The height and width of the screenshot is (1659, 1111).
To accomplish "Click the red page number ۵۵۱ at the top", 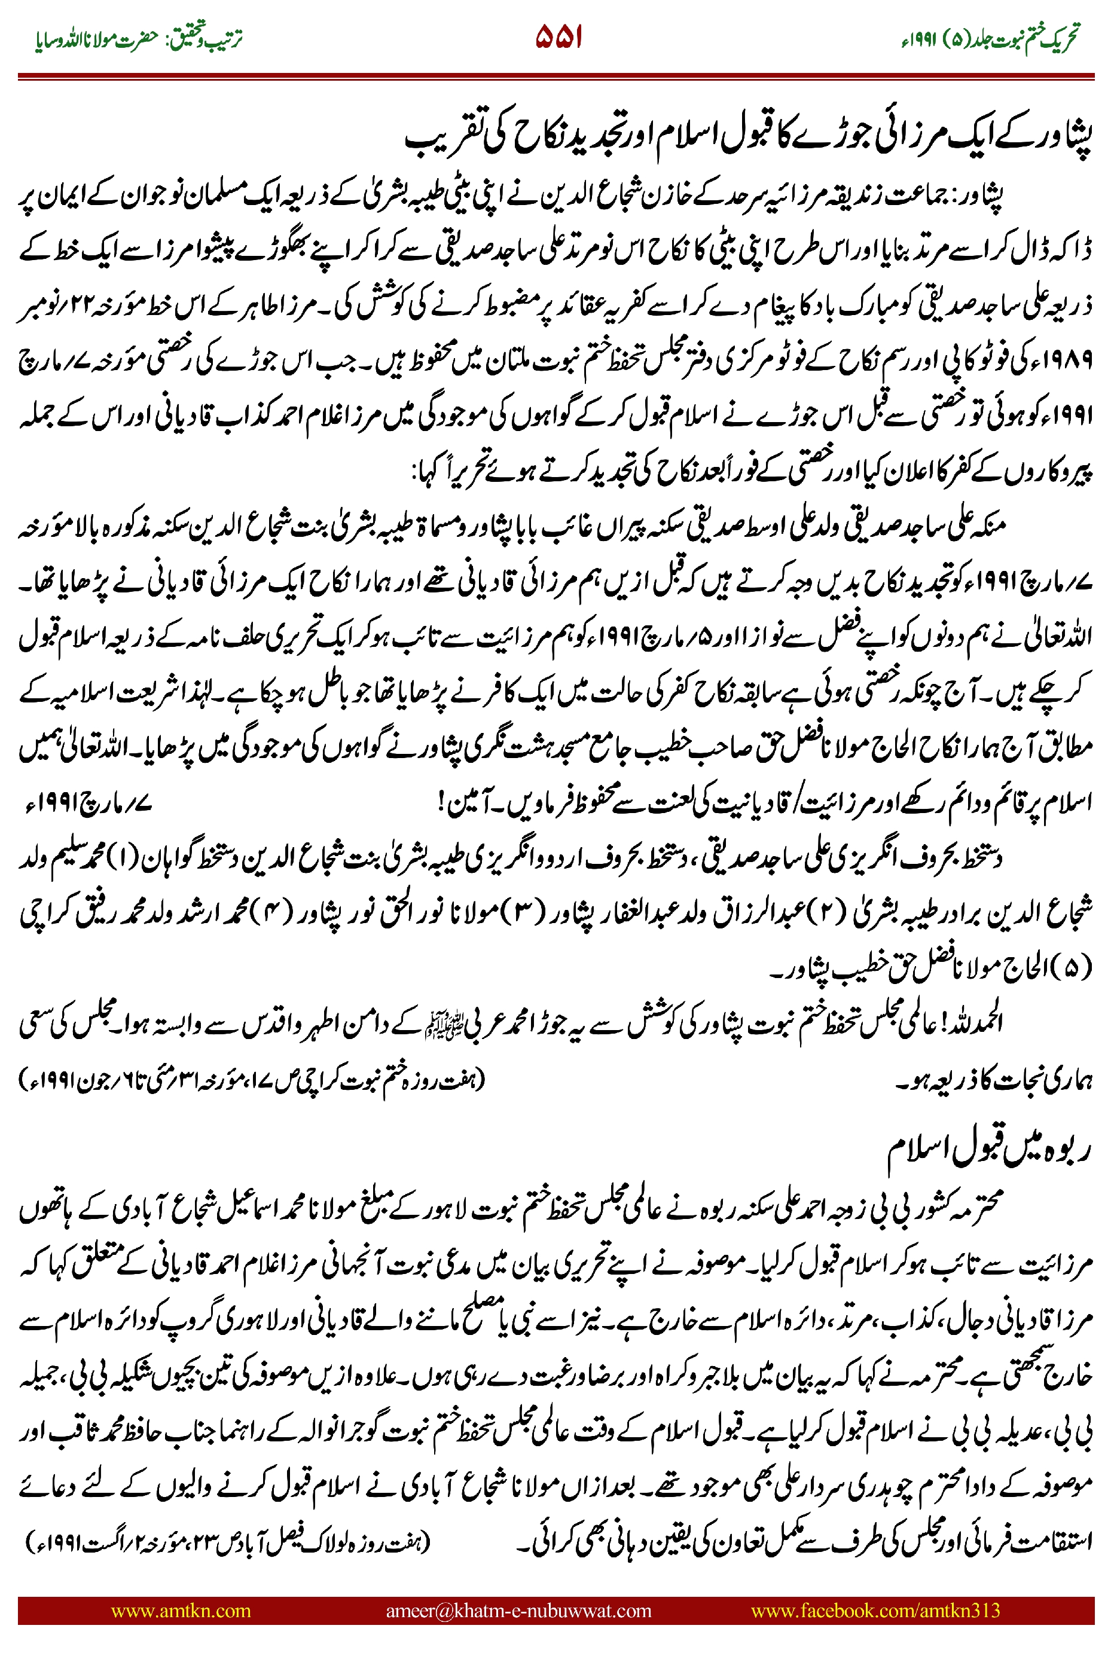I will (558, 37).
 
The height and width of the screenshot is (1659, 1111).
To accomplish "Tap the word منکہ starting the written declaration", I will (984, 526).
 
